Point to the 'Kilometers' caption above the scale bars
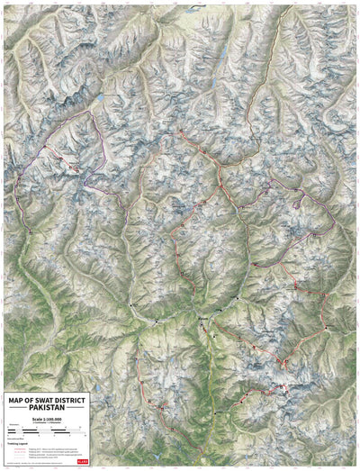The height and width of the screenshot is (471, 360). pos(13,425)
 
